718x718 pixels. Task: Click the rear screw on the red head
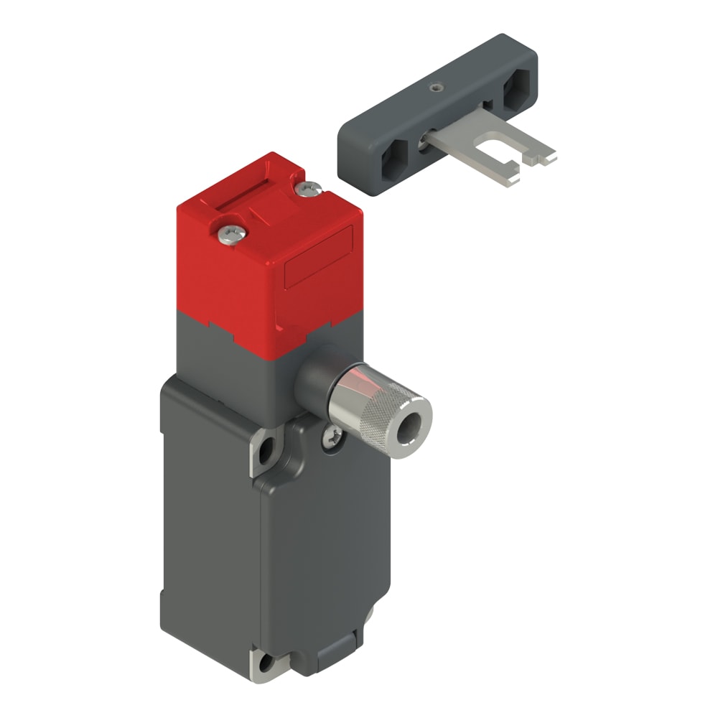(x=309, y=189)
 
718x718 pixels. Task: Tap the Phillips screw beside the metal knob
(x=332, y=434)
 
